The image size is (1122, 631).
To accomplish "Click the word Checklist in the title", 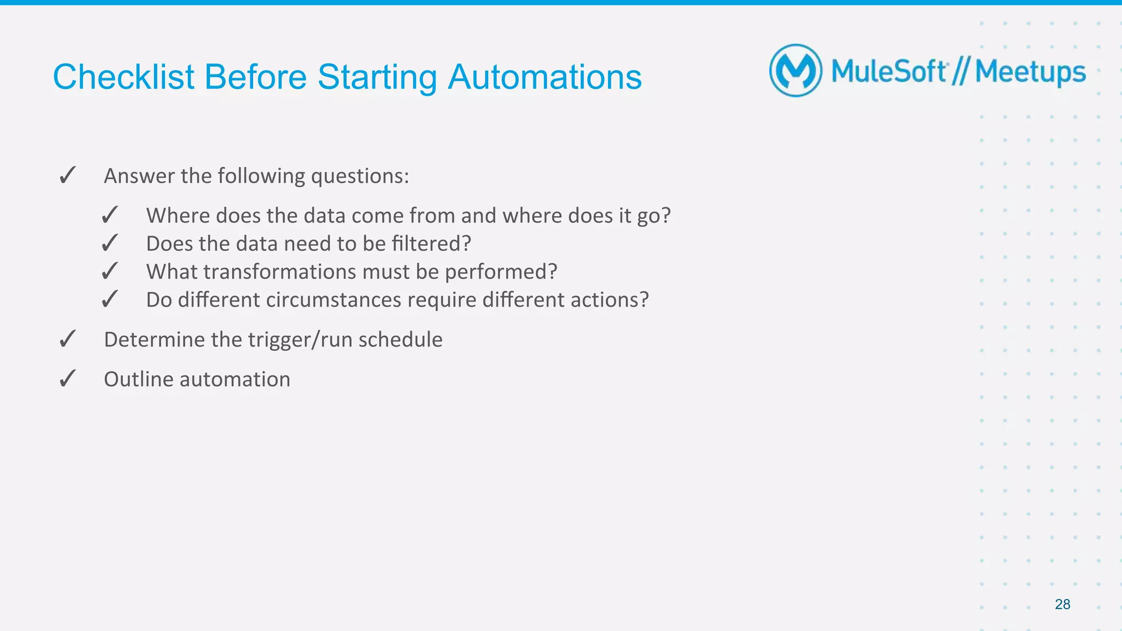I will [x=123, y=77].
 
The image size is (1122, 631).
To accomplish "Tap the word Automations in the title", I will [x=545, y=77].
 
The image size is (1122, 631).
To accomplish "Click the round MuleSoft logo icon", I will [x=795, y=71].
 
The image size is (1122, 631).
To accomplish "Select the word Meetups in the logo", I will [x=1030, y=72].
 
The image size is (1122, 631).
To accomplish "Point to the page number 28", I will [x=1062, y=604].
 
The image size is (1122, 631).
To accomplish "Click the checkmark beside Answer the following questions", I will [x=67, y=176].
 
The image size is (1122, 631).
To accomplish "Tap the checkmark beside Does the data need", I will [x=110, y=243].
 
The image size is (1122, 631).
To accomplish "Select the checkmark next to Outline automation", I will [x=67, y=379].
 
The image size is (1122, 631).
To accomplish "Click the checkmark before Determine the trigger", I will [x=67, y=339].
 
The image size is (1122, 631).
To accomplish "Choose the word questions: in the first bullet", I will [x=359, y=176].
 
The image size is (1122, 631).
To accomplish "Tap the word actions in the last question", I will [x=609, y=300].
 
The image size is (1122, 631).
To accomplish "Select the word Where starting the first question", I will [x=178, y=216].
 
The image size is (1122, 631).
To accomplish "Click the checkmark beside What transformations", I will [x=110, y=271].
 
